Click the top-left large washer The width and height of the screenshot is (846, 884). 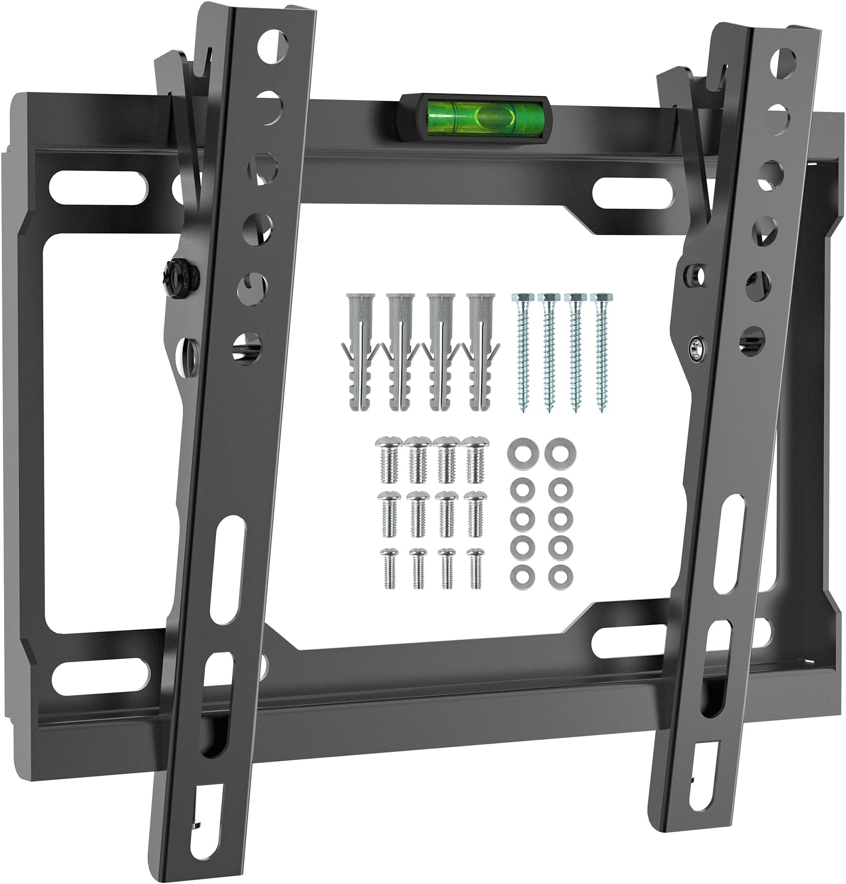click(x=518, y=450)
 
